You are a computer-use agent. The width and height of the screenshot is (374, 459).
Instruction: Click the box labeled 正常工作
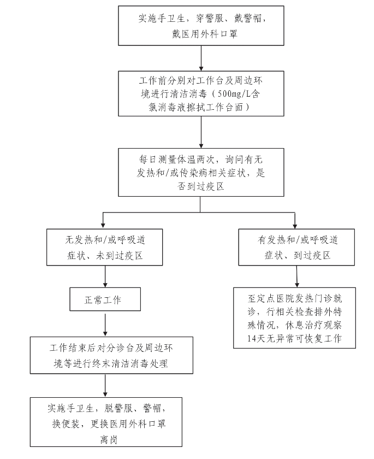(105, 299)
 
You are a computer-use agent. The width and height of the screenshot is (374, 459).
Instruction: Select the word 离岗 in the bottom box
(109, 439)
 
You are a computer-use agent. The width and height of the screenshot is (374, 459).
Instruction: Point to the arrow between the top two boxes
(201, 58)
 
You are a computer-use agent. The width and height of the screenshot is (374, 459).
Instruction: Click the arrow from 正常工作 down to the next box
(105, 325)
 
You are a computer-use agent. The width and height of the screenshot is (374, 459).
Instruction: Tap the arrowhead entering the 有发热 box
(295, 226)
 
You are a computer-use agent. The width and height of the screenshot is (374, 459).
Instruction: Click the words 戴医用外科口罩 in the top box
(204, 34)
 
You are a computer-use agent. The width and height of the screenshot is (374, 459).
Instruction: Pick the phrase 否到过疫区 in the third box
(201, 186)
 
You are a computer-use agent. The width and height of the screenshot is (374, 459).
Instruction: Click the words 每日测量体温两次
(176, 160)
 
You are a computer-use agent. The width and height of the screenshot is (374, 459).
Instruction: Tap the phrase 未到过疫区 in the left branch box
(120, 256)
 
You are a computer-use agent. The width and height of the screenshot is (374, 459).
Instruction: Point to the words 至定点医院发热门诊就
(295, 298)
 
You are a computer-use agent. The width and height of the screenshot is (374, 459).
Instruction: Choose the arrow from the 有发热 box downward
(297, 276)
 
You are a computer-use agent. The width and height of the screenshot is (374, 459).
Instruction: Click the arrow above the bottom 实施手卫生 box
(105, 386)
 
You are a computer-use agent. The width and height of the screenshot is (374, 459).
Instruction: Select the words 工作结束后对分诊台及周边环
(111, 348)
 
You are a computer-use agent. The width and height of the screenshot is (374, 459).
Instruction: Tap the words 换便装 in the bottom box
(66, 423)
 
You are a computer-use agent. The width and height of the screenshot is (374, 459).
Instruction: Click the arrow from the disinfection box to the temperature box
(201, 132)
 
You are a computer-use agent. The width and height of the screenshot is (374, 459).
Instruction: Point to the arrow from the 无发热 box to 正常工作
(105, 276)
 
